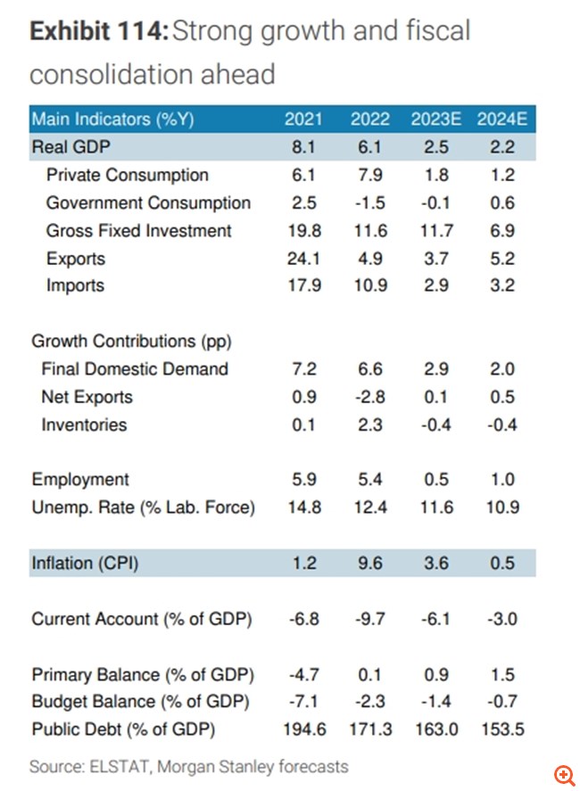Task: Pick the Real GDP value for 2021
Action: pos(303,147)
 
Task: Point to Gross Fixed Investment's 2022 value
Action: pos(369,231)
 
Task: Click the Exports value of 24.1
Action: pos(303,259)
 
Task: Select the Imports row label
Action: pos(75,286)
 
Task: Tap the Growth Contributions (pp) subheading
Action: pos(113,342)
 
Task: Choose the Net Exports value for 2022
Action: pos(369,398)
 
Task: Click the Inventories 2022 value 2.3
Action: pos(369,425)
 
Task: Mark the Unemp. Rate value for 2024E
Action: pos(501,508)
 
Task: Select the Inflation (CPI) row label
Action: pos(85,564)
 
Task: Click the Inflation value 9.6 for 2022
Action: pos(369,564)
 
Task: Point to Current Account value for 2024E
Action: pos(501,619)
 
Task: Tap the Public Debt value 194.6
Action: pos(303,729)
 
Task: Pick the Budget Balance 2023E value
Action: pos(437,702)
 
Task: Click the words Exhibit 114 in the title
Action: pos(97,33)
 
